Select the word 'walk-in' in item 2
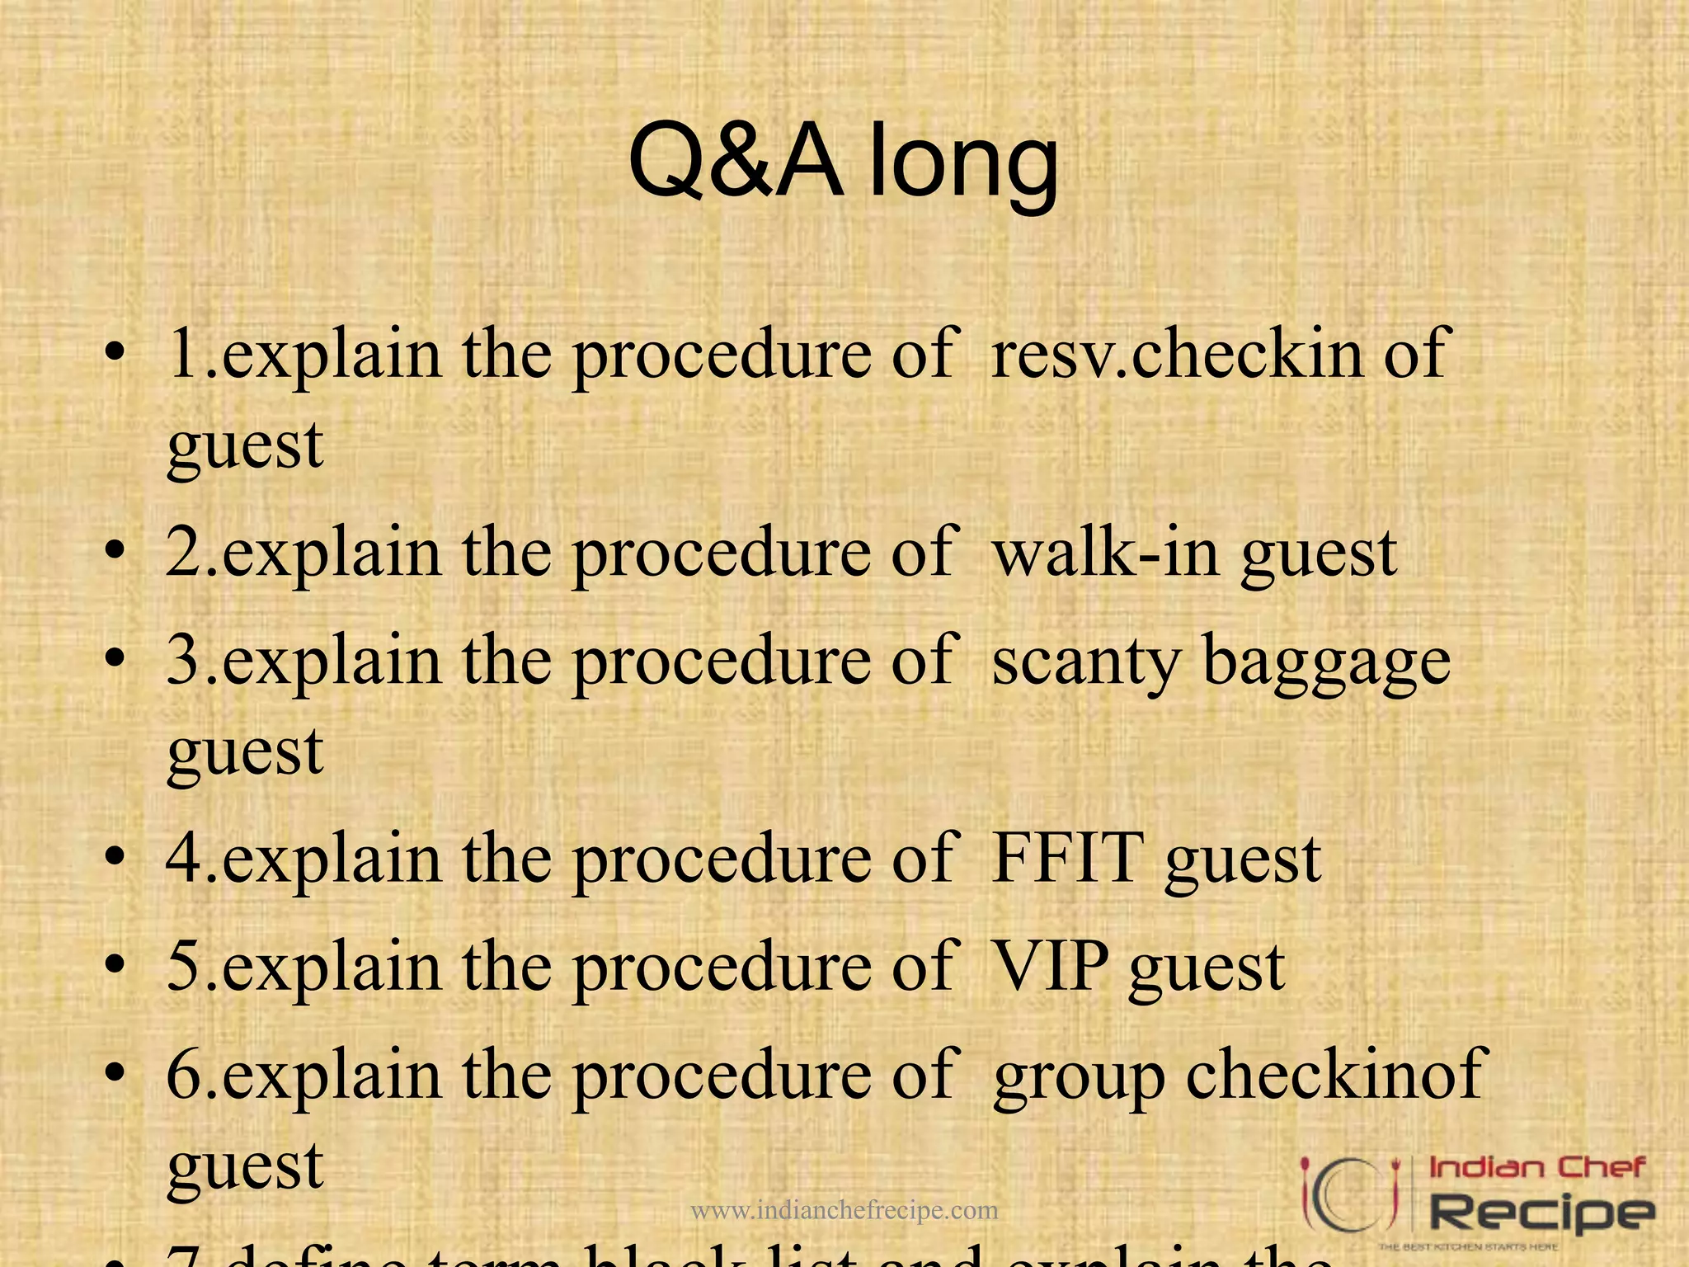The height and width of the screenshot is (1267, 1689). [x=1106, y=553]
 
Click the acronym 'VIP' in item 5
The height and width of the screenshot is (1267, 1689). [x=1051, y=967]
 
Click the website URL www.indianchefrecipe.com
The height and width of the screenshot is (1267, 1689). [x=844, y=1210]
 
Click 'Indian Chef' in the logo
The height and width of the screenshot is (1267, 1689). [x=1536, y=1167]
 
